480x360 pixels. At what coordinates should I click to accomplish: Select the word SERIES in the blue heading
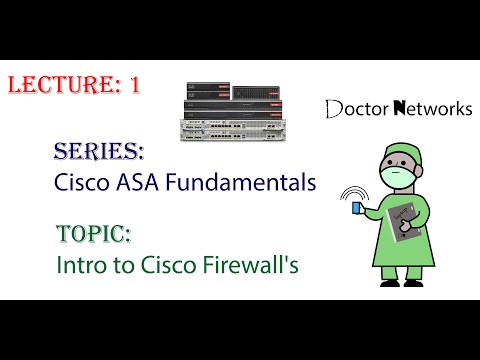pyautogui.click(x=99, y=151)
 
